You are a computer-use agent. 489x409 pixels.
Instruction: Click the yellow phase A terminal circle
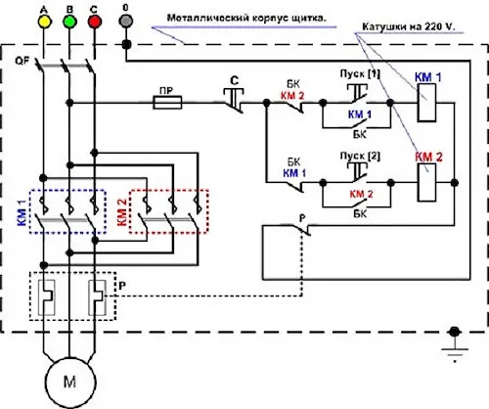[44, 22]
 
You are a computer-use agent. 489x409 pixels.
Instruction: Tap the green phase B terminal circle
[69, 22]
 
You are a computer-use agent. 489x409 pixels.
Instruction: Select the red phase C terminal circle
[95, 22]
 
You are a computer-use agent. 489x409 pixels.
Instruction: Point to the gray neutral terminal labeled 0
[126, 22]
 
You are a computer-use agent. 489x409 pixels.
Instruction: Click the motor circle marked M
[70, 383]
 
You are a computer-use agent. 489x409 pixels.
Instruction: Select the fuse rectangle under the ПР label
[167, 103]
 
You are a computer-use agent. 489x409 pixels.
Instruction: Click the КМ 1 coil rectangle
[427, 103]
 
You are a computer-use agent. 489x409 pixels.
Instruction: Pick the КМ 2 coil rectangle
[427, 182]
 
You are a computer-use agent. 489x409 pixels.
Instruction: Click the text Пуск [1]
[360, 74]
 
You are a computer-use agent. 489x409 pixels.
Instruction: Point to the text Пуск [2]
[360, 157]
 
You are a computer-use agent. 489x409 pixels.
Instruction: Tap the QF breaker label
[22, 61]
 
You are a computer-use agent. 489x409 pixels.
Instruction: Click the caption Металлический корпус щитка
[246, 19]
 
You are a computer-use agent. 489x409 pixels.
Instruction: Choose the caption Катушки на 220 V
[408, 26]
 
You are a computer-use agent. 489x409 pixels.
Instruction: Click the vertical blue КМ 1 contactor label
[22, 213]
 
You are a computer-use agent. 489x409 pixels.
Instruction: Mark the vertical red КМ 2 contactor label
[121, 212]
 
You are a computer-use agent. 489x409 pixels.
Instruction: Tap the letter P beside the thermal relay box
[122, 286]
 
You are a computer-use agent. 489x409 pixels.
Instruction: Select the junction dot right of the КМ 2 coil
[454, 183]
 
